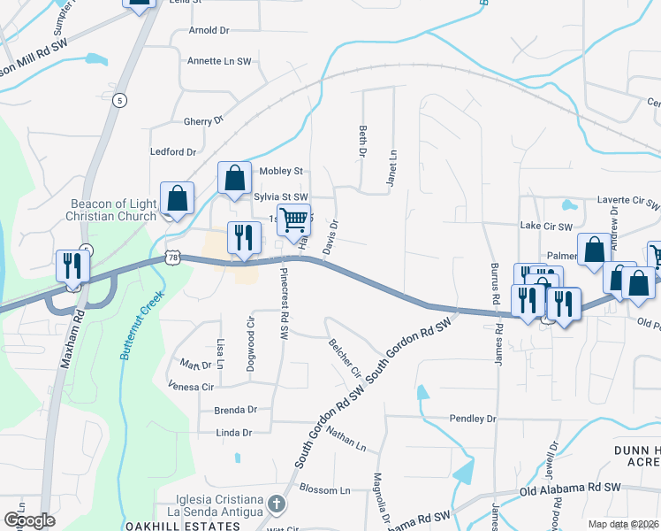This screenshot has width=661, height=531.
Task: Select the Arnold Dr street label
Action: (x=209, y=30)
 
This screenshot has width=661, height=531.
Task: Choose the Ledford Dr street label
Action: (x=173, y=152)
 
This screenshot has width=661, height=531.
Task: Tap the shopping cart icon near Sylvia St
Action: (x=293, y=219)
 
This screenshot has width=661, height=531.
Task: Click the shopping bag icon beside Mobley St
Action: (x=234, y=178)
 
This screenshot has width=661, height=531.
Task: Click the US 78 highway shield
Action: (x=171, y=257)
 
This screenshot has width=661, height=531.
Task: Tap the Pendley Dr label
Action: (x=473, y=418)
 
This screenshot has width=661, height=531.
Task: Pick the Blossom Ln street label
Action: (x=325, y=489)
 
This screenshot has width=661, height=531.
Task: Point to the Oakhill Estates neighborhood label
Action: (x=195, y=527)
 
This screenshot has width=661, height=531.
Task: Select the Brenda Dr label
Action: (x=235, y=410)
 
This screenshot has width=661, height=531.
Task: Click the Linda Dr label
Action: (x=234, y=433)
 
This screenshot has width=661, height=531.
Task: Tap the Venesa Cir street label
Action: (x=191, y=387)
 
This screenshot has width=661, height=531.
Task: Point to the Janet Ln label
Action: (x=390, y=163)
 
